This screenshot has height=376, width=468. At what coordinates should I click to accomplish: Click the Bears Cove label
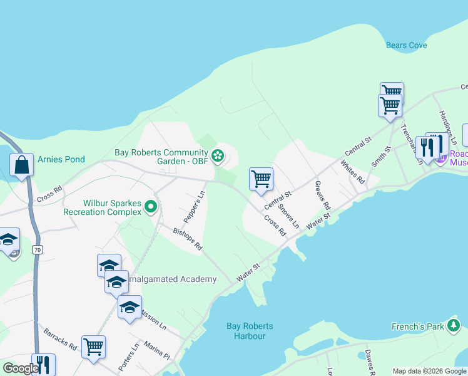tap(406, 45)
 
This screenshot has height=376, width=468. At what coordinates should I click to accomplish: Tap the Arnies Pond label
tap(61, 159)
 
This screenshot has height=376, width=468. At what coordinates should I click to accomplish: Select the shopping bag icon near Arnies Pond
tap(21, 165)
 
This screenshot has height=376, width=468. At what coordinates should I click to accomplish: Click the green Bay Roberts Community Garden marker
tap(218, 155)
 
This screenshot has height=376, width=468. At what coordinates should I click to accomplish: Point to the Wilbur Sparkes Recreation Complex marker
tap(150, 206)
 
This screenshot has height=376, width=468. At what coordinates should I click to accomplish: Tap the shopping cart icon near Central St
tap(261, 179)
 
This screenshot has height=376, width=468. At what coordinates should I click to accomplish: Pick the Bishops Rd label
tap(188, 240)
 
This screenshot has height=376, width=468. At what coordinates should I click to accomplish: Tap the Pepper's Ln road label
tap(195, 205)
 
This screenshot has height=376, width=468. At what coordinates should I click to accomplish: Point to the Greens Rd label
tap(322, 195)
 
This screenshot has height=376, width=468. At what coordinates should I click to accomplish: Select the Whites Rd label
tap(352, 172)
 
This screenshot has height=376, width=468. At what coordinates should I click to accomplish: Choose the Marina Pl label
tap(157, 350)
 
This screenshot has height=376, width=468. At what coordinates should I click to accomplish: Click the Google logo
tap(20, 368)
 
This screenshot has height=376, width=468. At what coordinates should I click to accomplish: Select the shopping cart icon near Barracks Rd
tap(93, 346)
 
